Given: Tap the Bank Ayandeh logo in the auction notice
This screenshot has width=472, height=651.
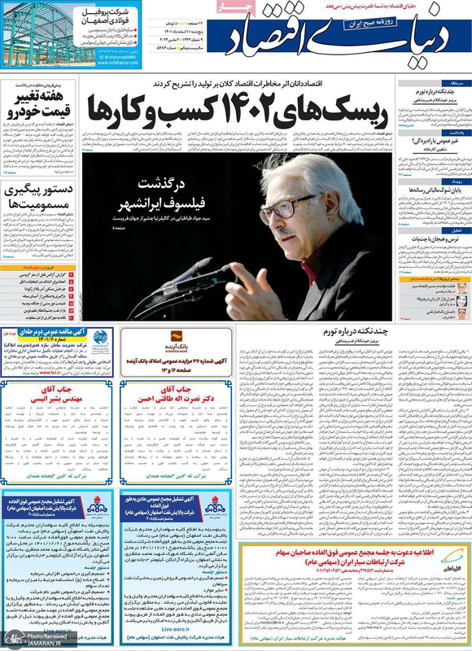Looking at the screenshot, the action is (173, 339).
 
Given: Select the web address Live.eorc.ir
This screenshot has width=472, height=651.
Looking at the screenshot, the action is (171, 628).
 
